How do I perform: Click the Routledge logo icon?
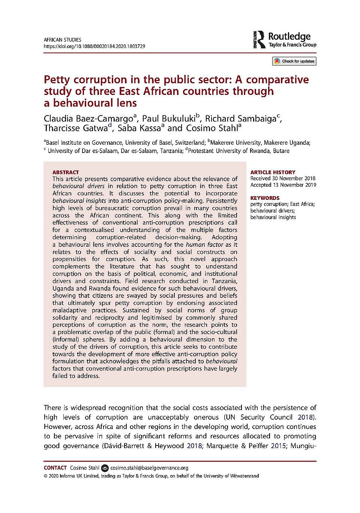(x=259, y=40)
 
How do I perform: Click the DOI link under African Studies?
(x=94, y=46)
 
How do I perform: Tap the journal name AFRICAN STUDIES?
(x=62, y=40)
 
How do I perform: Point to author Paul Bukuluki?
(x=169, y=119)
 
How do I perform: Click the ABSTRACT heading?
(x=66, y=172)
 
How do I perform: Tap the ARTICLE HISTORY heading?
(x=273, y=172)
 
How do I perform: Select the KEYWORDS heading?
(x=265, y=198)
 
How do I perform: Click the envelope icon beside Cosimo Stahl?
(x=105, y=468)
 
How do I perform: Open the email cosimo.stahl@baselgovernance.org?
(x=149, y=468)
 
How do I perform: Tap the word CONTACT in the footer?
(x=55, y=468)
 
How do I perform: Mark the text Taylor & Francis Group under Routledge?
(x=292, y=45)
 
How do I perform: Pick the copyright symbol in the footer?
(x=45, y=476)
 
